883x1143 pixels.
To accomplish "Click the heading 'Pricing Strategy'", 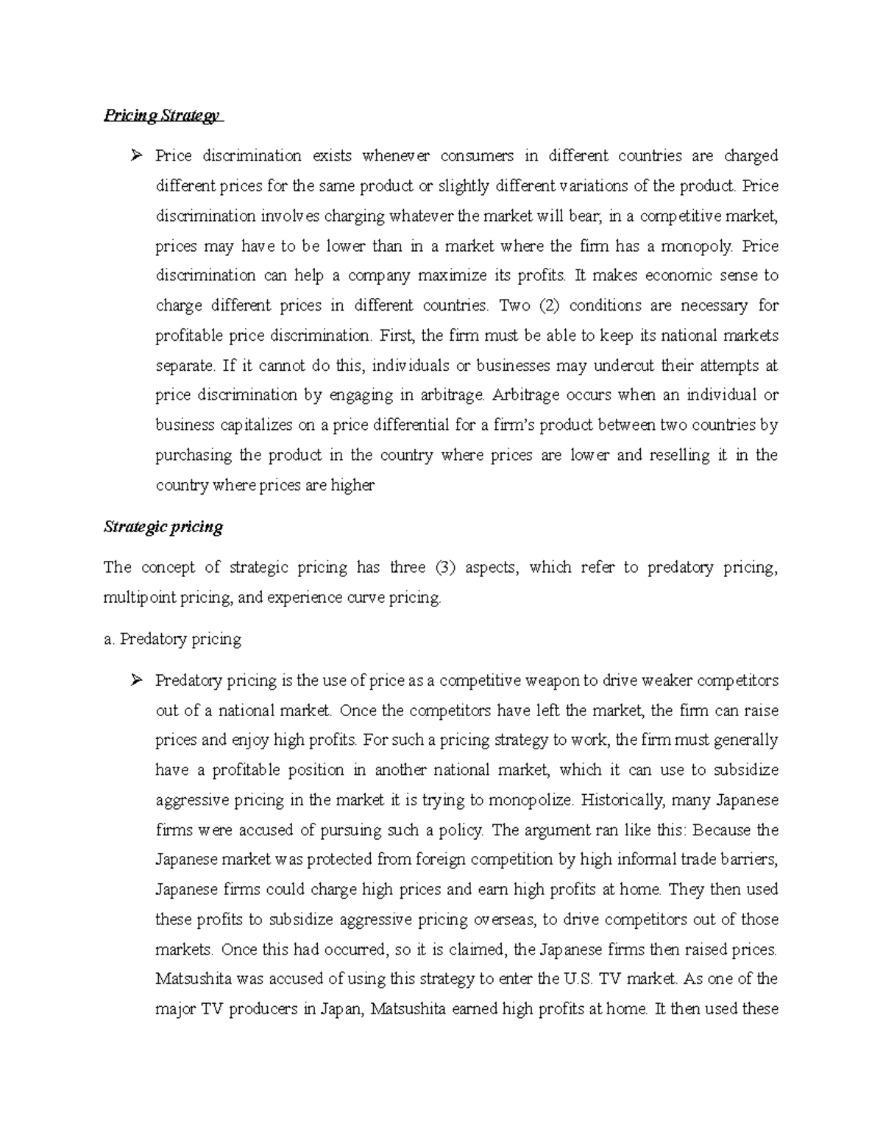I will pyautogui.click(x=161, y=116).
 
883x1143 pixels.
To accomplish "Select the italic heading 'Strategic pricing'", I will pyautogui.click(x=163, y=527).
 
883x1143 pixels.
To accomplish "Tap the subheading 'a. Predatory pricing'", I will pyautogui.click(x=172, y=639).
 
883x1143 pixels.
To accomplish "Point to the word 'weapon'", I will pyautogui.click(x=544, y=681).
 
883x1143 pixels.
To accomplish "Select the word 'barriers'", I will pyautogui.click(x=749, y=860).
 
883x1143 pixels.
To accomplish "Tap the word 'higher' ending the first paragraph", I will pyautogui.click(x=352, y=486).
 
